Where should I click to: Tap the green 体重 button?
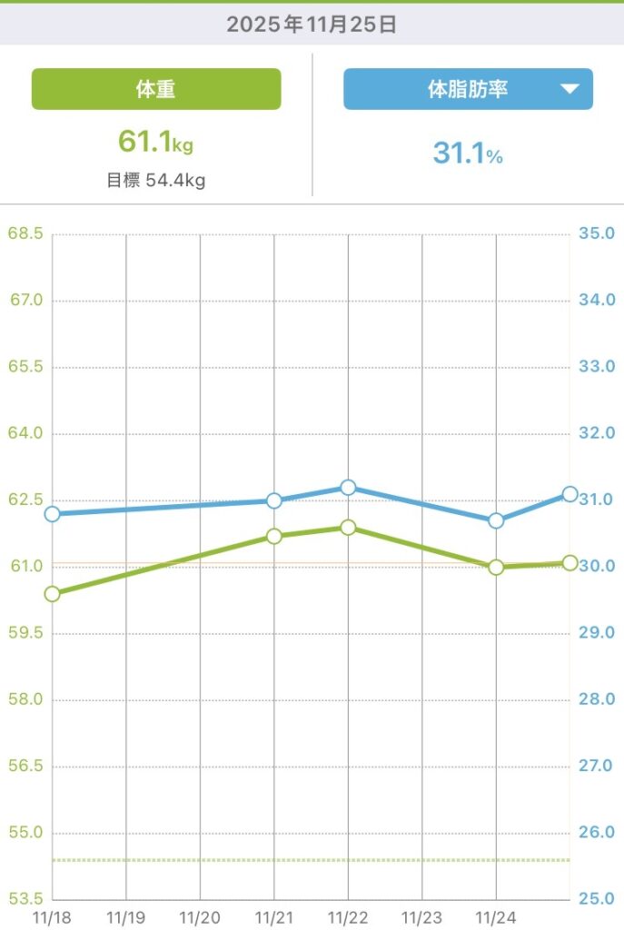coord(156,89)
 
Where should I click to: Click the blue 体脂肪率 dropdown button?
coord(468,89)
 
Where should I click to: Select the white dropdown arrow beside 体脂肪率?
coord(570,89)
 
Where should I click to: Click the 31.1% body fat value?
coord(468,153)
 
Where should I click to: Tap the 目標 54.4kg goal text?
coord(156,180)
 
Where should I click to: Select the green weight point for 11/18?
coord(52,594)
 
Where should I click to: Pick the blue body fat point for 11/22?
coord(348,488)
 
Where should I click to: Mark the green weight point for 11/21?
coord(274,537)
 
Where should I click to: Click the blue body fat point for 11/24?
coord(496,520)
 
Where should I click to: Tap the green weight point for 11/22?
coord(348,528)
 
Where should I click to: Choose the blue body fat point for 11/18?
coord(52,514)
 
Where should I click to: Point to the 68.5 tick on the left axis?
coord(25,233)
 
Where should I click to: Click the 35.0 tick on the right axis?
coord(597,233)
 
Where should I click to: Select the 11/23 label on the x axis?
coord(421,918)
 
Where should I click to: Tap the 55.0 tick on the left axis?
coord(25,833)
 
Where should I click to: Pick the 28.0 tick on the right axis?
coord(597,699)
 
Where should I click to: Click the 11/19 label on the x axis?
coord(126,918)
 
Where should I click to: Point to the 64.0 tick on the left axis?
coord(25,433)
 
